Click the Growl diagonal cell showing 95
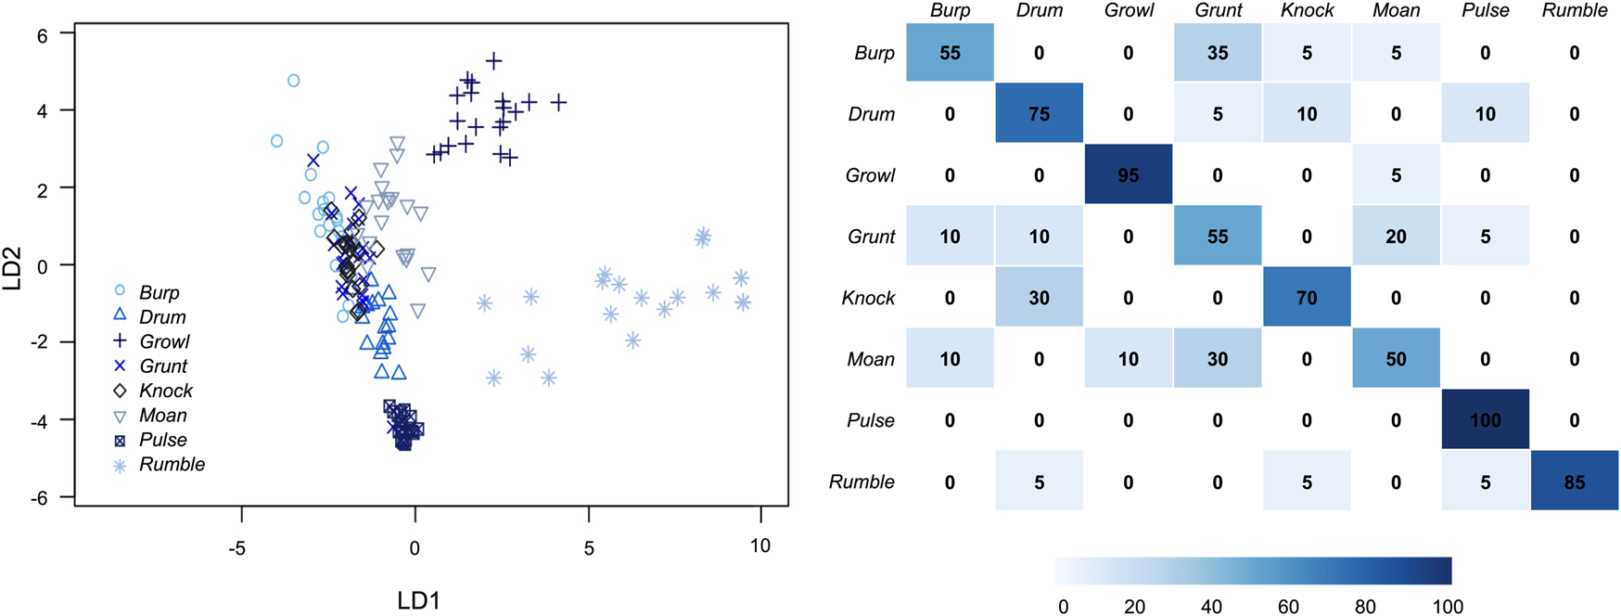(1128, 174)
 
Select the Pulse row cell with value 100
(1485, 419)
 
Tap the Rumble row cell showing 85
(1574, 481)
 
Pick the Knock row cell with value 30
(1039, 298)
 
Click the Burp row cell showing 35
(1217, 53)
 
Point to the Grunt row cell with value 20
(1396, 237)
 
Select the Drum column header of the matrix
(1039, 11)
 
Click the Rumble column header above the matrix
(1574, 11)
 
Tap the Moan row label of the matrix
(870, 359)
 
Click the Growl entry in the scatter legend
(164, 341)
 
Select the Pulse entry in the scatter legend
(163, 440)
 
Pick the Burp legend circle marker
(120, 290)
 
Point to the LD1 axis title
(418, 600)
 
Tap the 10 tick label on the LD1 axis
(759, 546)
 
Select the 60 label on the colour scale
(1287, 607)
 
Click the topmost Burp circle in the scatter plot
(294, 81)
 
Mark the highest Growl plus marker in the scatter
(493, 61)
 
